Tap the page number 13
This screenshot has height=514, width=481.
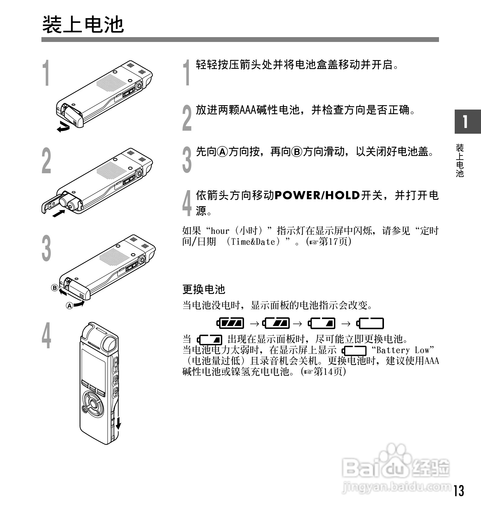point(458,490)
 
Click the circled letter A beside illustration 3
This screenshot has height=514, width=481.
point(70,306)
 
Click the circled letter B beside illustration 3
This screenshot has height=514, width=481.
point(54,288)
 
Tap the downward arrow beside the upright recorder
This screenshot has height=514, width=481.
point(119,423)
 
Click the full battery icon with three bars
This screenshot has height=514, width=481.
point(230,324)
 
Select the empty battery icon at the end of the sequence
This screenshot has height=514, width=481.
point(370,324)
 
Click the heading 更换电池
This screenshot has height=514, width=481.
point(204,289)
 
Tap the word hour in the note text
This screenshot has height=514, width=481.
point(220,231)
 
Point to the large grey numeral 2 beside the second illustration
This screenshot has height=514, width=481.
point(46,161)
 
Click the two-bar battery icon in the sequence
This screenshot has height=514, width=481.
point(276,324)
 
